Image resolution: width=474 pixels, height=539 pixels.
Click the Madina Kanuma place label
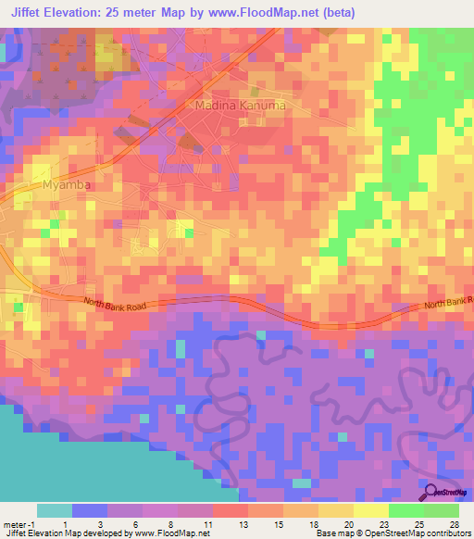point(240,107)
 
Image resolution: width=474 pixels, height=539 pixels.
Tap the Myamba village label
point(64,185)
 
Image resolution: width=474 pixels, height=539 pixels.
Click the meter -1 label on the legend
point(18,524)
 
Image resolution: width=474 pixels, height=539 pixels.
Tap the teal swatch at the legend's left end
point(55,510)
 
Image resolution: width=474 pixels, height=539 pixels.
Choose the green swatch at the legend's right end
point(443,510)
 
